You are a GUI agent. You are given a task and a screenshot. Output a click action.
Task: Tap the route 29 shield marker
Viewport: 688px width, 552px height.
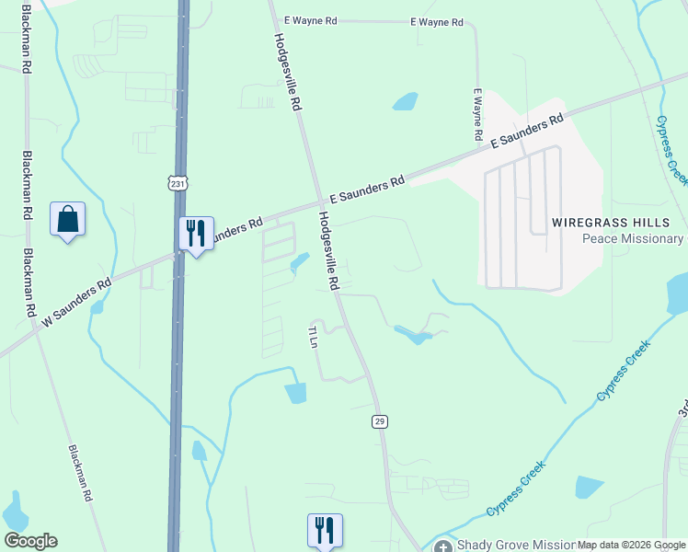click(x=380, y=420)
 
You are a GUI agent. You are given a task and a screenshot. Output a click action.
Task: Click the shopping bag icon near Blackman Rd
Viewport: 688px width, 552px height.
click(x=68, y=220)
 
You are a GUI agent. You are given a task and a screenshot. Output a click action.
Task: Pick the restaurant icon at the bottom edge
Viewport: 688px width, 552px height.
click(x=325, y=531)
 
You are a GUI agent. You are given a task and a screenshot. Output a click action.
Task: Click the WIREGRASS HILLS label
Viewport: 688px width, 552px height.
click(x=618, y=223)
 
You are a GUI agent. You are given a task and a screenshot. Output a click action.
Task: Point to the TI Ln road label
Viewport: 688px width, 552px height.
click(x=313, y=336)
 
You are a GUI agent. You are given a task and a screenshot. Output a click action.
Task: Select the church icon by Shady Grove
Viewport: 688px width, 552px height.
click(x=443, y=546)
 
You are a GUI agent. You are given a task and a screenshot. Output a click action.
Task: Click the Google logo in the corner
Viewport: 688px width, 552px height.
click(x=30, y=541)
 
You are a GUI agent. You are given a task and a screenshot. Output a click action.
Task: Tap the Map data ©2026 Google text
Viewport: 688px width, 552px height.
click(x=631, y=546)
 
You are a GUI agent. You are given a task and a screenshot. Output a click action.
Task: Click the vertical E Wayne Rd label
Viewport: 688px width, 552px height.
click(x=478, y=115)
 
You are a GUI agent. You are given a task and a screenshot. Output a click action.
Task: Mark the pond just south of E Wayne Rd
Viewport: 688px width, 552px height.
click(x=406, y=101)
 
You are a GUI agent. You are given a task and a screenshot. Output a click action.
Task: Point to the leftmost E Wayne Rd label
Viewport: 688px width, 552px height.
click(x=312, y=20)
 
